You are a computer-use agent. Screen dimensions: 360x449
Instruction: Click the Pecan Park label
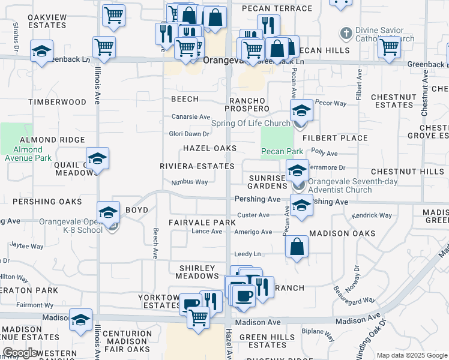pos(282,152)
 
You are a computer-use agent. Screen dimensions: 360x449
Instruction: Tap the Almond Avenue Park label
pos(28,154)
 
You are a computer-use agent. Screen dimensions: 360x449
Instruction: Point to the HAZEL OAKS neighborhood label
pos(209,148)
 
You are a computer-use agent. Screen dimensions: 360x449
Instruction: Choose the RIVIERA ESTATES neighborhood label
pos(197,166)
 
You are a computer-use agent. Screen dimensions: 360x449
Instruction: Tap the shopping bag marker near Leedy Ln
pos(297,247)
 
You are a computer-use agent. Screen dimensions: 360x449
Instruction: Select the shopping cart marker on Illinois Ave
pos(104,47)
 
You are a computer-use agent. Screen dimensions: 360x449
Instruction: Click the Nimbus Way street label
pos(189,182)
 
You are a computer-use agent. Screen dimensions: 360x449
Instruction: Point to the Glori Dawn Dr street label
pos(189,134)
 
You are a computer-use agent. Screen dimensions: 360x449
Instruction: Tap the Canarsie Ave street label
pos(191,116)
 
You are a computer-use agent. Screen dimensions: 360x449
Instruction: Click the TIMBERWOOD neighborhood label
pos(57,102)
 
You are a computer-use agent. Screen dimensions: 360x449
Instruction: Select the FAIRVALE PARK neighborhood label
pos(202,223)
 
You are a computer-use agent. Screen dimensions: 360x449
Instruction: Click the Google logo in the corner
pos(20,353)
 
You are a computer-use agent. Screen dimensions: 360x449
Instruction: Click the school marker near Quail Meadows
pos(97,159)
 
